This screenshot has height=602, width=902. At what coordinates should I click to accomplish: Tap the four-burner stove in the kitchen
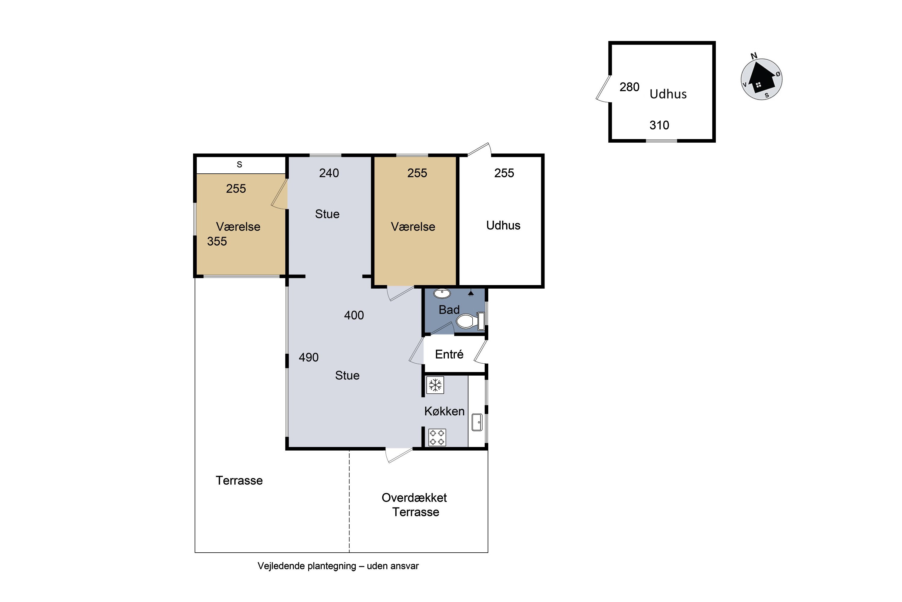pyautogui.click(x=437, y=437)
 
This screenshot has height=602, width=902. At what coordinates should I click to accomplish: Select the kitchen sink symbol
pyautogui.click(x=477, y=422)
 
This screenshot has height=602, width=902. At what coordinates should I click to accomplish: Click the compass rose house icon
pyautogui.click(x=761, y=79)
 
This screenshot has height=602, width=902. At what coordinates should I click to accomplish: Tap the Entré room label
pyautogui.click(x=449, y=354)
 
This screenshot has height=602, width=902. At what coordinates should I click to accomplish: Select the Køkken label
pyautogui.click(x=444, y=411)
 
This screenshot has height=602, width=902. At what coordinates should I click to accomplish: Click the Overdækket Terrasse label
pyautogui.click(x=415, y=504)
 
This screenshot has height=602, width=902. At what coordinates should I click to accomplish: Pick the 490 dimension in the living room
pyautogui.click(x=309, y=358)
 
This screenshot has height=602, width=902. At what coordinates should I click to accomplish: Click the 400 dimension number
pyautogui.click(x=354, y=315)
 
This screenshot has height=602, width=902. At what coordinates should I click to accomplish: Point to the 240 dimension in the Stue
pyautogui.click(x=329, y=173)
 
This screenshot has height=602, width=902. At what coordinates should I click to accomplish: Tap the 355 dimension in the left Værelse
pyautogui.click(x=217, y=241)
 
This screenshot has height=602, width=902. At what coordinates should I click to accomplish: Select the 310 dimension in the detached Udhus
pyautogui.click(x=659, y=125)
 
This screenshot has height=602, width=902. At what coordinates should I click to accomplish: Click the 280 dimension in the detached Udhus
pyautogui.click(x=629, y=87)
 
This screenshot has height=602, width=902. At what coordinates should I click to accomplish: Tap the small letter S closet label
pyautogui.click(x=239, y=164)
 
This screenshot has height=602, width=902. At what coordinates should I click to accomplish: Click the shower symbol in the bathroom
pyautogui.click(x=471, y=293)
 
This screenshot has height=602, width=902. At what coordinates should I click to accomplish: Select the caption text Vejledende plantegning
pyautogui.click(x=307, y=566)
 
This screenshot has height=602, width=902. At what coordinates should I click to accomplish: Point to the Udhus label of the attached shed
pyautogui.click(x=503, y=225)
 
